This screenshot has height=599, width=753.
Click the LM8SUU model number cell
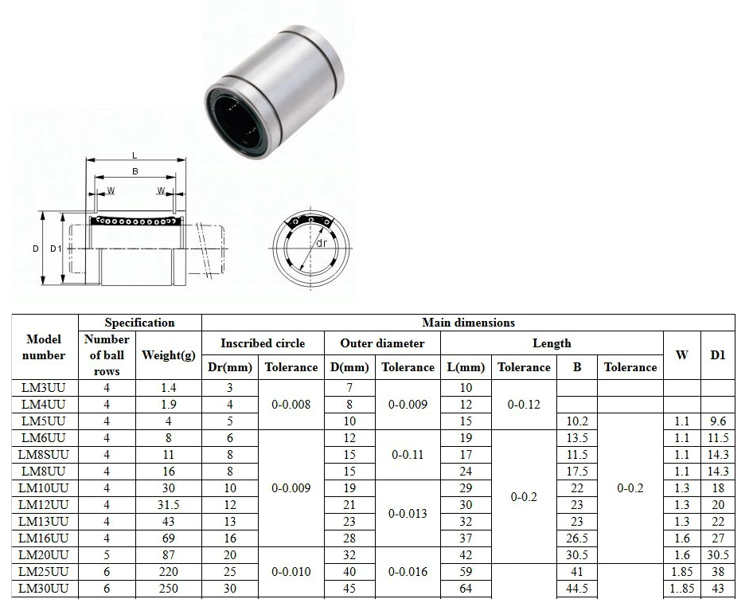click(44, 454)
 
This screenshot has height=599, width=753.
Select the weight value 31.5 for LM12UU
click(168, 505)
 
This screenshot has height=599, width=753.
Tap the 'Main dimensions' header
click(468, 323)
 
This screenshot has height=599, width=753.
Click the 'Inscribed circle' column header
click(263, 343)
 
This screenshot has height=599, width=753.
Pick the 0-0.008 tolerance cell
click(291, 405)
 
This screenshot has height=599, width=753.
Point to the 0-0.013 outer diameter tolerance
click(408, 514)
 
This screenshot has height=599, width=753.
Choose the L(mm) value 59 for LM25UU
click(466, 572)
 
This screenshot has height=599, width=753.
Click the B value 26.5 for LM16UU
click(577, 538)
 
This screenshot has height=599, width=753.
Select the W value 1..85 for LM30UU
click(682, 589)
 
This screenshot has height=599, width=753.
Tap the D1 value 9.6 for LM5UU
click(717, 421)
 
